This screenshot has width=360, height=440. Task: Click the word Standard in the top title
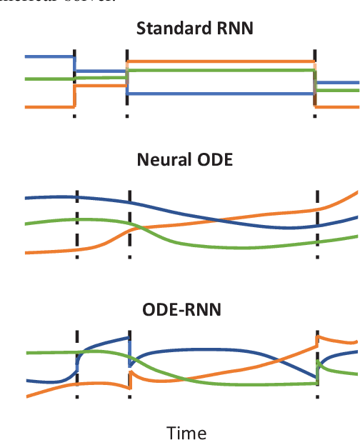[162, 30]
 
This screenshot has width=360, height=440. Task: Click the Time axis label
[186, 431]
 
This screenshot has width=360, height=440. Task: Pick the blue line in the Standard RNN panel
[214, 94]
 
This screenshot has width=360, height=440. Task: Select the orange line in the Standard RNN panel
[214, 61]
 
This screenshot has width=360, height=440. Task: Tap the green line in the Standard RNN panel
[214, 71]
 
